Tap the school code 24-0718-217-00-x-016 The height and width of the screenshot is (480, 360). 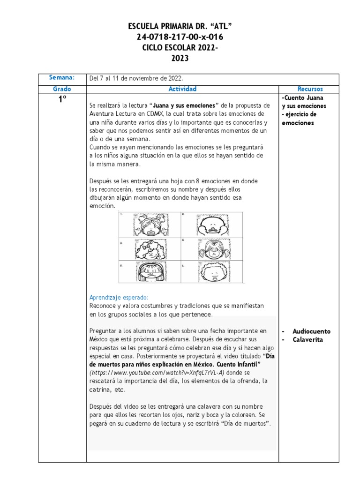point(180,37)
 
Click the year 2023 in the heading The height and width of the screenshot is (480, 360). point(180,58)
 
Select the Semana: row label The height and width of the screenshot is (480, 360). point(62,78)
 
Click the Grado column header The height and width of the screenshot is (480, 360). point(62,89)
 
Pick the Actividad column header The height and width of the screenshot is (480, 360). point(182,89)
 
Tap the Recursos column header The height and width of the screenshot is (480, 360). point(310,89)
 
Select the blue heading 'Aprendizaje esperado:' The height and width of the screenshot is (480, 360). point(119,297)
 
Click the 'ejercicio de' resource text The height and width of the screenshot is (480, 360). point(300,114)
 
